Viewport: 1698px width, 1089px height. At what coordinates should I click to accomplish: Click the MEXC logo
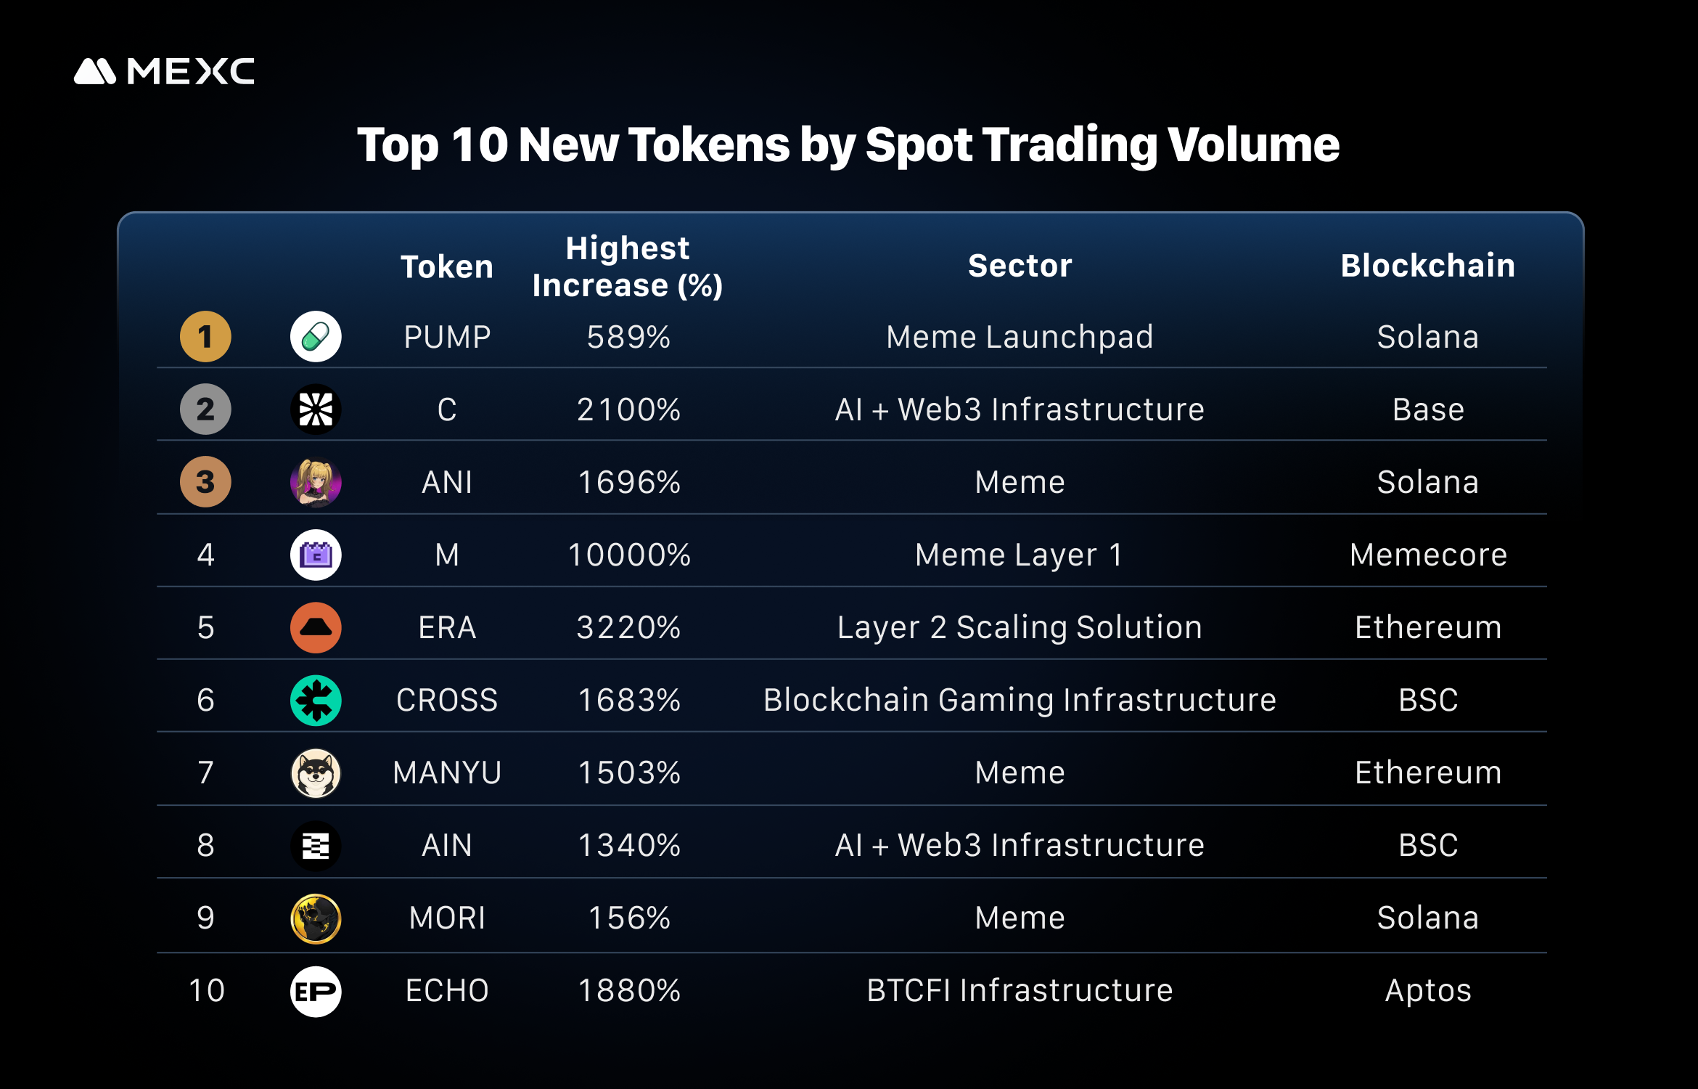point(164,71)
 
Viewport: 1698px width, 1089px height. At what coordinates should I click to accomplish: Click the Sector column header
point(1020,266)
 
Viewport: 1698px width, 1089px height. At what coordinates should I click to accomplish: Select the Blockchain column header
point(1427,266)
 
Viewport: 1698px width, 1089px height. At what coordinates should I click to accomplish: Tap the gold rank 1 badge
point(205,337)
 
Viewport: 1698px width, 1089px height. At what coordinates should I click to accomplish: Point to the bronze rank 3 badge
point(205,482)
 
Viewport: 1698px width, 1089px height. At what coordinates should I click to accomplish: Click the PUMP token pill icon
point(316,337)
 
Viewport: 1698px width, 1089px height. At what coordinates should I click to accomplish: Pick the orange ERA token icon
point(316,627)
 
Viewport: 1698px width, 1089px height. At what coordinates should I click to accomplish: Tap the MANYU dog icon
point(316,773)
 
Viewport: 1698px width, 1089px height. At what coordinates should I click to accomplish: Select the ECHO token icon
point(316,991)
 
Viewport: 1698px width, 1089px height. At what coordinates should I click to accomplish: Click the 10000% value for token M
point(628,555)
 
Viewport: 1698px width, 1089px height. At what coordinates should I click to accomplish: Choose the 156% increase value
point(628,918)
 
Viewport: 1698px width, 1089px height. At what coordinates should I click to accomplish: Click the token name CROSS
point(447,701)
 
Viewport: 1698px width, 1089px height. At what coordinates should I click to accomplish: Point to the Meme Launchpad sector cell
point(1020,338)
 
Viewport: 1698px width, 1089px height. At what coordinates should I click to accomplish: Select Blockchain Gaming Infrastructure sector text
point(1020,701)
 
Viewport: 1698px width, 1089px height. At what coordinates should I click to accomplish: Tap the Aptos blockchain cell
point(1427,991)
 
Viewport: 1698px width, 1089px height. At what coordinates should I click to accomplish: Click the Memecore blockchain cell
point(1427,555)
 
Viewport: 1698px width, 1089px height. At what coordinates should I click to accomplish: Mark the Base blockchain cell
point(1427,410)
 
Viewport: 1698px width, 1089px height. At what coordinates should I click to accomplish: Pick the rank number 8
point(205,846)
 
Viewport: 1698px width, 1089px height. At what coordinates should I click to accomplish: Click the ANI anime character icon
point(316,482)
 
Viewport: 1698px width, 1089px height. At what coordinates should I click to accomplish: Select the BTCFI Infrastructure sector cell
point(1020,991)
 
